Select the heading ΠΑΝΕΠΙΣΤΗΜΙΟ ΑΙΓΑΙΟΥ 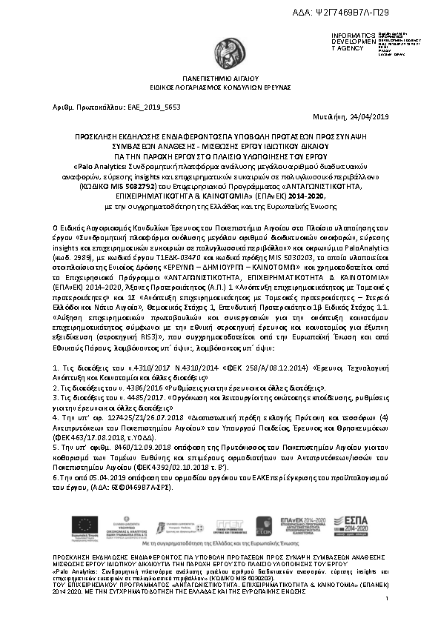220,77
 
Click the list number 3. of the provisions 56,398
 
